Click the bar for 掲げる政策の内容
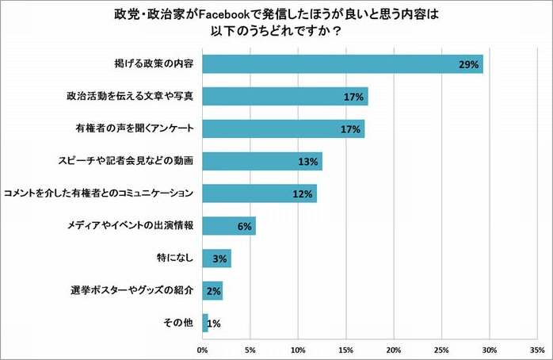(x=342, y=64)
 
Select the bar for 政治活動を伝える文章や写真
(x=285, y=97)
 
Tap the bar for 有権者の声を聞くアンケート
(x=284, y=128)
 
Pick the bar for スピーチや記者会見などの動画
(x=262, y=161)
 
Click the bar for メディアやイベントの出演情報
(x=229, y=226)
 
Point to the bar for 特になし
(x=216, y=259)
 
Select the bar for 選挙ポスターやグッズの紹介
(x=212, y=290)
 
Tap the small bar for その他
(x=205, y=323)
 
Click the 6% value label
(x=245, y=227)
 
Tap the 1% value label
(x=214, y=324)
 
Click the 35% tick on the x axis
(x=537, y=349)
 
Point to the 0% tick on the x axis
(x=203, y=349)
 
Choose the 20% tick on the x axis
(x=394, y=349)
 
